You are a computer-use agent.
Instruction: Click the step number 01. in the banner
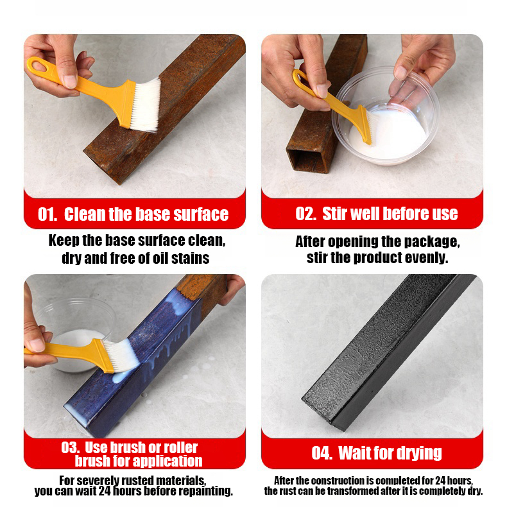[x=47, y=214]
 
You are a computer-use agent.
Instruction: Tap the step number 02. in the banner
[x=305, y=214]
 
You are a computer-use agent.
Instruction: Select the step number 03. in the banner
[x=71, y=447]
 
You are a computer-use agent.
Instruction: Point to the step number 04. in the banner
[x=322, y=452]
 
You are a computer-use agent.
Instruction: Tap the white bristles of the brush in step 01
[x=146, y=105]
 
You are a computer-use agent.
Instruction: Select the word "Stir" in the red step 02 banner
[x=334, y=214]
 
